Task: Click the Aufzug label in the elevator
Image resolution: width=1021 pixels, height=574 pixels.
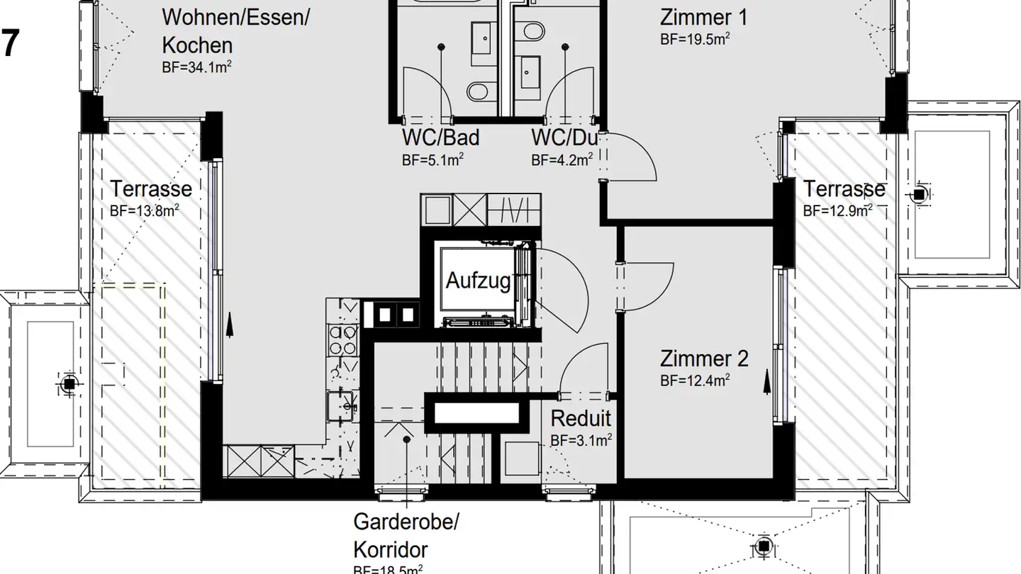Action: pyautogui.click(x=478, y=281)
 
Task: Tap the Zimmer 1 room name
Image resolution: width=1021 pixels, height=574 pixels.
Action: pyautogui.click(x=703, y=17)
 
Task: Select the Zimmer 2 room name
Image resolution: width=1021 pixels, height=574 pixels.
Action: pyautogui.click(x=703, y=359)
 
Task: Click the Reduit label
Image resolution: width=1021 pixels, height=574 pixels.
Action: pyautogui.click(x=581, y=418)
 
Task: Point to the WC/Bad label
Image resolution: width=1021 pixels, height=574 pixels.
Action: pyautogui.click(x=440, y=137)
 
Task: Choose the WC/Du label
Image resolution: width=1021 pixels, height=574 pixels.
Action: pyautogui.click(x=564, y=137)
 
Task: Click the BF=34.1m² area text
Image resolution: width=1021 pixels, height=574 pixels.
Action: pyautogui.click(x=198, y=67)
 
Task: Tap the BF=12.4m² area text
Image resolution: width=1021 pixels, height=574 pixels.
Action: pyautogui.click(x=695, y=381)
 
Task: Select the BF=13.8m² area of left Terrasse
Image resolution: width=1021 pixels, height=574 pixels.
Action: pyautogui.click(x=145, y=210)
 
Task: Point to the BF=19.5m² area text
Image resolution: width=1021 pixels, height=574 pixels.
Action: pyautogui.click(x=695, y=39)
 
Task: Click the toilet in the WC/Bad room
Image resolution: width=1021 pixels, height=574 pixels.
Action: pyautogui.click(x=478, y=91)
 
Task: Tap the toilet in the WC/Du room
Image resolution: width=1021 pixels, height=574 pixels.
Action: pyautogui.click(x=529, y=32)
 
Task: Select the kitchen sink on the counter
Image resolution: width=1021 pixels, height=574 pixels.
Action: pyautogui.click(x=341, y=405)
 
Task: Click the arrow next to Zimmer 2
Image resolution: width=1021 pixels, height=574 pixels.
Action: pyautogui.click(x=767, y=383)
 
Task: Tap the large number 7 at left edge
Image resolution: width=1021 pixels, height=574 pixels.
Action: pyautogui.click(x=9, y=44)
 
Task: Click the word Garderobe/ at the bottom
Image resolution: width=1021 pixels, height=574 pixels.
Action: pyautogui.click(x=406, y=523)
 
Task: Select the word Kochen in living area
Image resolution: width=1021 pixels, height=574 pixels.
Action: pyautogui.click(x=197, y=45)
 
